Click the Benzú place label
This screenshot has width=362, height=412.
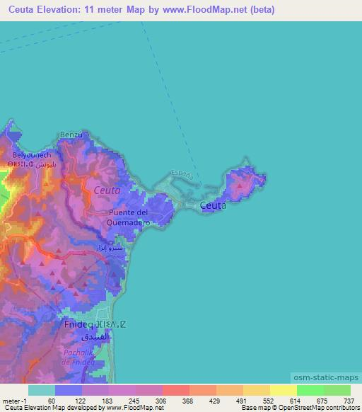click(72, 135)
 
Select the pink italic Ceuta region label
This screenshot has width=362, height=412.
click(107, 190)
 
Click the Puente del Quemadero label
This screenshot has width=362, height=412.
click(128, 217)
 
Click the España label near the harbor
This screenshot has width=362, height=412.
click(183, 173)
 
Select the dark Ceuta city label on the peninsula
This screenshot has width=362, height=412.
click(213, 205)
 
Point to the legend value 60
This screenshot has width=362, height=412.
click(52, 400)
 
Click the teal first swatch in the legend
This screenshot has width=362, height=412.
click(42, 390)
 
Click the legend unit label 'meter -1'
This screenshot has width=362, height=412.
click(14, 400)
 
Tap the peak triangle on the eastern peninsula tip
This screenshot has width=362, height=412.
click(241, 187)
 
